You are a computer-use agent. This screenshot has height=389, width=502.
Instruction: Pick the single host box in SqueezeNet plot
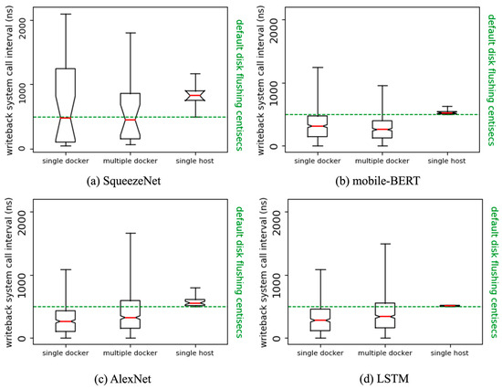[195, 96]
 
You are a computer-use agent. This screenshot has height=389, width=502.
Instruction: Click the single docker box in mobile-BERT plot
[317, 126]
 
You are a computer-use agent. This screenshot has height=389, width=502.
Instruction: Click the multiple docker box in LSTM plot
[382, 315]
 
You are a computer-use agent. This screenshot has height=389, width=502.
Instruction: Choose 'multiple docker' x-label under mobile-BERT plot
[382, 161]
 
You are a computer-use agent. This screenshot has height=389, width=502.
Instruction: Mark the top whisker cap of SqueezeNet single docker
[66, 14]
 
